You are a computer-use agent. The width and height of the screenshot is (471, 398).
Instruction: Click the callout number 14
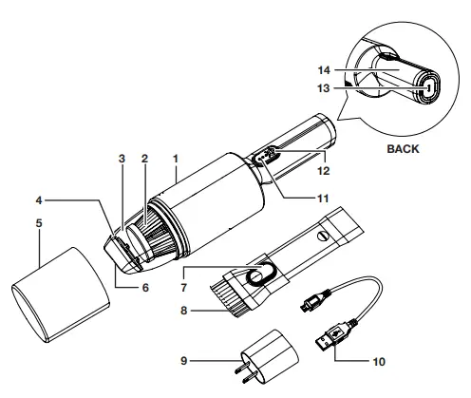[x=324, y=70]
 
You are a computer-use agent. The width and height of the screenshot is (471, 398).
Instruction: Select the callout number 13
[x=324, y=88]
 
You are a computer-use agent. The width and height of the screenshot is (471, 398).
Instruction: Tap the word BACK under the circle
[x=403, y=149]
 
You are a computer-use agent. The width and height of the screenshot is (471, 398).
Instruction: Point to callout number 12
[x=324, y=171]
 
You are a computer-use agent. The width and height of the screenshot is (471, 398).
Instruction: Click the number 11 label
[x=323, y=199]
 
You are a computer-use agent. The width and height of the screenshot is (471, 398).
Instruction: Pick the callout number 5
[x=39, y=223]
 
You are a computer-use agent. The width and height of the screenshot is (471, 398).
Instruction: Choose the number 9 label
[x=184, y=361]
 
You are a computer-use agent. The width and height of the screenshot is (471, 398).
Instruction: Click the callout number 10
[x=379, y=362]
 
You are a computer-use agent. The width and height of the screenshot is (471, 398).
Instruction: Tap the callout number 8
[x=184, y=311]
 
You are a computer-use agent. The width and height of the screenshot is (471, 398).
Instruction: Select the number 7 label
[x=184, y=288]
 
